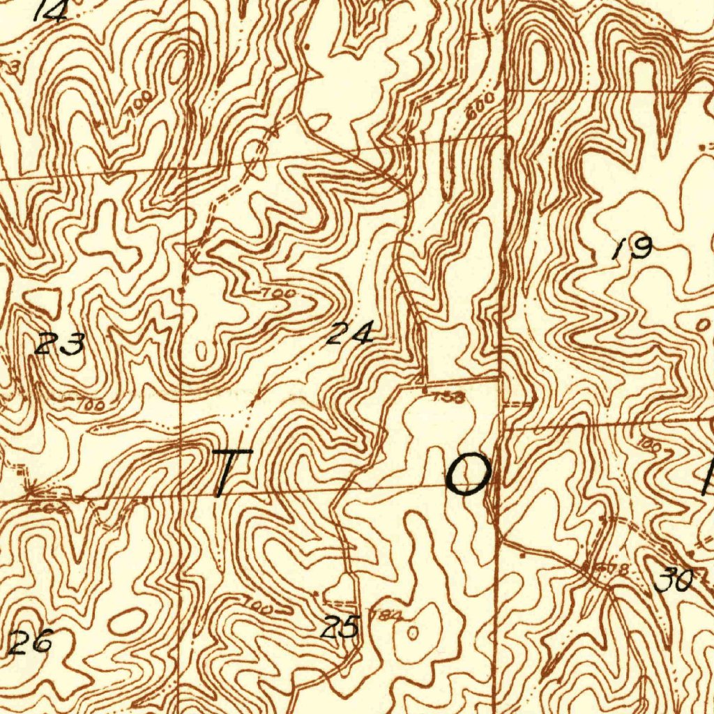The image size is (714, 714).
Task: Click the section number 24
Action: click(x=351, y=334)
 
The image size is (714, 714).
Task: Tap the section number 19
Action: click(x=633, y=248)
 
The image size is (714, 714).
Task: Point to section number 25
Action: click(x=340, y=628)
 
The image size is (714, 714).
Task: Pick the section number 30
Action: click(x=674, y=579)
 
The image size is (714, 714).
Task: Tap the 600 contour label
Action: click(x=480, y=105)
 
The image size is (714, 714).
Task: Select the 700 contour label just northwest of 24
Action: click(x=276, y=294)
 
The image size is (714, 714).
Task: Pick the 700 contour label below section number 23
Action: click(x=89, y=404)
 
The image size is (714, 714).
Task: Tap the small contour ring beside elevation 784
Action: click(x=413, y=632)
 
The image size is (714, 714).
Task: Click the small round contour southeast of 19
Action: click(x=702, y=325)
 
